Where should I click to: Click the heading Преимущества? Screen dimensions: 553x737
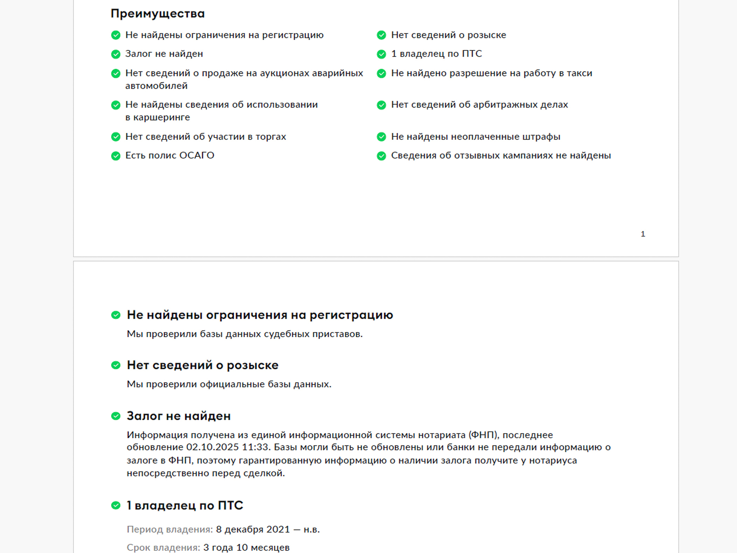[x=157, y=14]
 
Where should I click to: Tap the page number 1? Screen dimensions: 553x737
[x=643, y=234]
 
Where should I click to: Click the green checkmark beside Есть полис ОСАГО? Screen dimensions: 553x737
[x=116, y=156]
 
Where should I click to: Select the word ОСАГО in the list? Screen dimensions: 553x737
[x=197, y=156]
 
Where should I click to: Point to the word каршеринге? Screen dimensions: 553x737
[x=161, y=118]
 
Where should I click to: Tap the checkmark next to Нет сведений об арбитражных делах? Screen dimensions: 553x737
[x=381, y=105]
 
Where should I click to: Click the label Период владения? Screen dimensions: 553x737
[x=170, y=530]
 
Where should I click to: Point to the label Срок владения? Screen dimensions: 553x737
[x=163, y=548]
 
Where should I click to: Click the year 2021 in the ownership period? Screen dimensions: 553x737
[x=278, y=530]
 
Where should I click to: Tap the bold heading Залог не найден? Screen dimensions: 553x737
[x=178, y=416]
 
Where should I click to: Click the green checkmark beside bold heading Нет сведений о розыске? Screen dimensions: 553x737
[x=116, y=365]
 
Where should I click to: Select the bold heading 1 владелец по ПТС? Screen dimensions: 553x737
[x=185, y=505]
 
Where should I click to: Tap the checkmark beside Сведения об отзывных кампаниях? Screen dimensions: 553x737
[x=381, y=156]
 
